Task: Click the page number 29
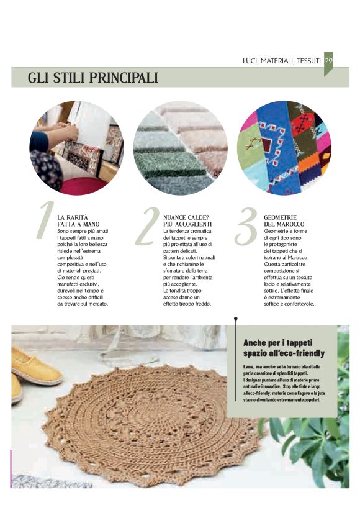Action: click(329, 61)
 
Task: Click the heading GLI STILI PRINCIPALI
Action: click(93, 78)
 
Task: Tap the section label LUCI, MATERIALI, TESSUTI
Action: click(282, 61)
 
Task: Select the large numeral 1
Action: click(45, 219)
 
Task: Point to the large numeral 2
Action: click(147, 227)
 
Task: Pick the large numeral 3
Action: click(246, 227)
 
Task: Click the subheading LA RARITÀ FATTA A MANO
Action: click(78, 221)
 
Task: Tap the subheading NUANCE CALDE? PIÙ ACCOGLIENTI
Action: click(187, 221)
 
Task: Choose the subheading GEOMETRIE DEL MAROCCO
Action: click(284, 221)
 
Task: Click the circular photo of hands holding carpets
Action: click(77, 148)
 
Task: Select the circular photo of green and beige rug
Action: click(181, 148)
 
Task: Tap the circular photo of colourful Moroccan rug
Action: click(284, 148)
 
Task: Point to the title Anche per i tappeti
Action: click(278, 343)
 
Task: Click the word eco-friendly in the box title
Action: click(304, 353)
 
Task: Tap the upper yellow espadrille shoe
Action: click(37, 367)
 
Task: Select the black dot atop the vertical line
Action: click(236, 319)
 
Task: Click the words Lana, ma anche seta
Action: click(264, 367)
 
